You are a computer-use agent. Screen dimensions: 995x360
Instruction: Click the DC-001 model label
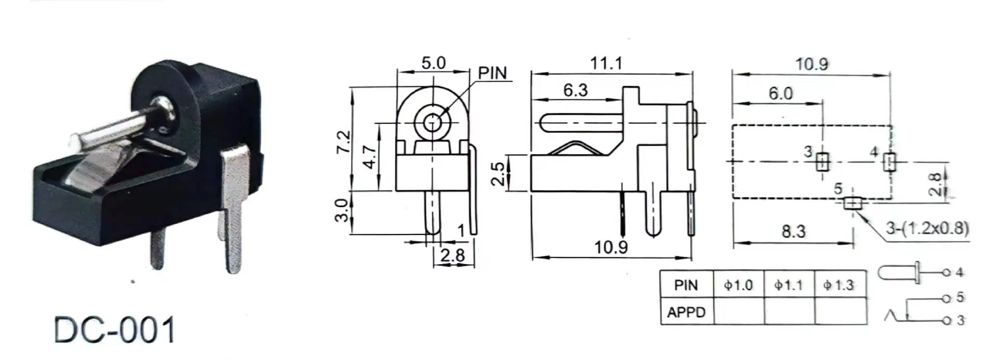click(115, 330)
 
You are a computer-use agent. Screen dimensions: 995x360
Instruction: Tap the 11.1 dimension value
click(606, 63)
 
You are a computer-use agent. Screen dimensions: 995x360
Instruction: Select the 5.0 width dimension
click(433, 63)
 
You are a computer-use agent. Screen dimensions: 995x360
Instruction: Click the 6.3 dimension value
click(575, 90)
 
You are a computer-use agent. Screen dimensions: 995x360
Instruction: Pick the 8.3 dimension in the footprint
click(793, 231)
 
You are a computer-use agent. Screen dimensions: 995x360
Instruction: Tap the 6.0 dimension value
click(780, 93)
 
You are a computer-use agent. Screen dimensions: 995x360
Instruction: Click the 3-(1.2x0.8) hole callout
click(927, 228)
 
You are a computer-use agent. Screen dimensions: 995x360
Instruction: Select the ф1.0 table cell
click(738, 285)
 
